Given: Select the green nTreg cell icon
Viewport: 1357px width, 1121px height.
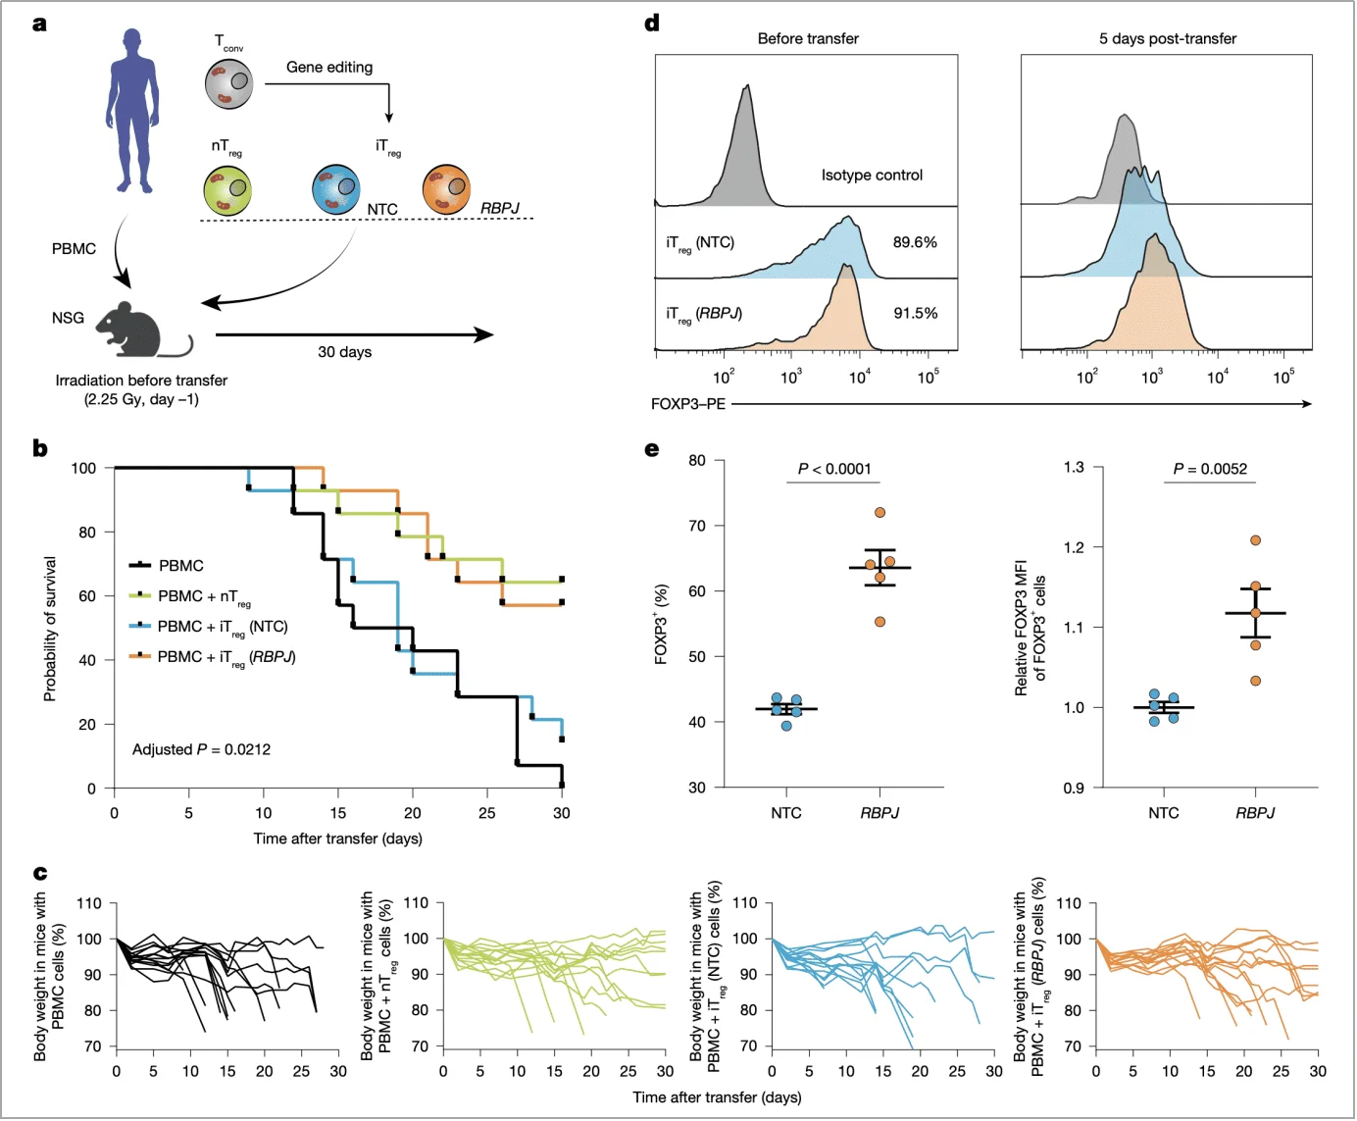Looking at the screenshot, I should pyautogui.click(x=227, y=190).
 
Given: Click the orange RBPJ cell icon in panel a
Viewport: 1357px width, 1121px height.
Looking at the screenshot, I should pyautogui.click(x=447, y=190).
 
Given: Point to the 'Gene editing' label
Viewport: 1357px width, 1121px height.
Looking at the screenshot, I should pyautogui.click(x=329, y=68).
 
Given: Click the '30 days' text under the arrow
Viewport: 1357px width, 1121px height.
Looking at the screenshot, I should pyautogui.click(x=344, y=352).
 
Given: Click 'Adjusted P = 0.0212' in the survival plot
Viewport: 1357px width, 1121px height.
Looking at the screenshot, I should pyautogui.click(x=201, y=749).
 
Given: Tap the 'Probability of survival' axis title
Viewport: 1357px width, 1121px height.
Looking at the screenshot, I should pyautogui.click(x=50, y=629).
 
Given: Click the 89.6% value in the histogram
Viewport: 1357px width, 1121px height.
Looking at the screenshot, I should pyautogui.click(x=915, y=242).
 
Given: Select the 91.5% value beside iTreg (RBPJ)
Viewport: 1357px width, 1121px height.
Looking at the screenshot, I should pyautogui.click(x=915, y=313).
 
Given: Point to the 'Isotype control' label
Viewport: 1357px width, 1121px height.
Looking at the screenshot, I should pyautogui.click(x=872, y=176).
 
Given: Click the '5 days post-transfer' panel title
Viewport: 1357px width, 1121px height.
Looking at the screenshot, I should pyautogui.click(x=1167, y=39).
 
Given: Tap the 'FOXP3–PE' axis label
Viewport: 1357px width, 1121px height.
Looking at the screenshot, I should pyautogui.click(x=688, y=404).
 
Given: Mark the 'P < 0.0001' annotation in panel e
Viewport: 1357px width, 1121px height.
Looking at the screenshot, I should pyautogui.click(x=834, y=469).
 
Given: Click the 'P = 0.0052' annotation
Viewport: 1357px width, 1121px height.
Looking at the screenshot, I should pyautogui.click(x=1210, y=469).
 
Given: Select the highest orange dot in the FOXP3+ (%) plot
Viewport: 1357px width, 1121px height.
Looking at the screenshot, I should pyautogui.click(x=880, y=513).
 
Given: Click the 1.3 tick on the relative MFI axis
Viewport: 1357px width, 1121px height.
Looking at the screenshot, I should pyautogui.click(x=1074, y=467).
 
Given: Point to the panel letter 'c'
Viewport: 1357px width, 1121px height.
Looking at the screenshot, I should pyautogui.click(x=40, y=872).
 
